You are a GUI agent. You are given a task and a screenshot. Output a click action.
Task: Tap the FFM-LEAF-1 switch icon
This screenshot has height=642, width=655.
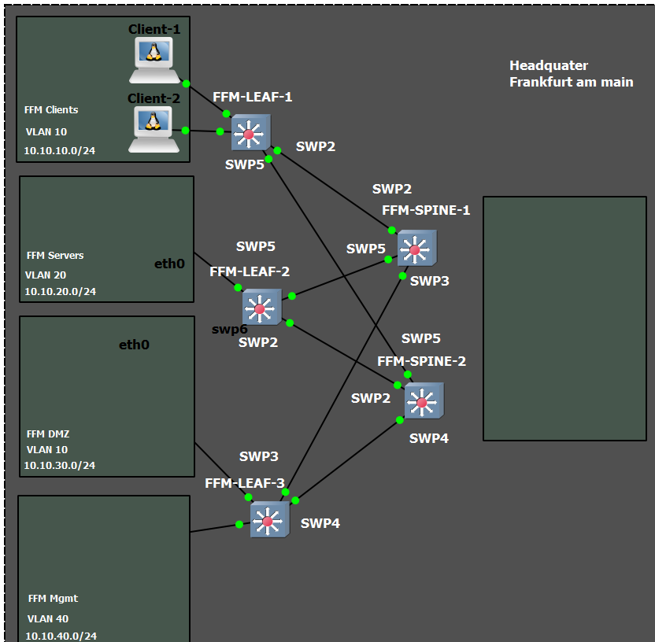pos(250,133)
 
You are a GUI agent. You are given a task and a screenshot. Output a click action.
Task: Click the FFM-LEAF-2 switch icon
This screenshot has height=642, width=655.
pos(261,307)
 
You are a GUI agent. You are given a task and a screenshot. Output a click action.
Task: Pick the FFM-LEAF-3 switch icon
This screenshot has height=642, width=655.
pos(269,520)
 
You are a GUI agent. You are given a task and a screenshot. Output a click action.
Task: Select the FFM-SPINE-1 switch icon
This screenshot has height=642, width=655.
pos(416,249)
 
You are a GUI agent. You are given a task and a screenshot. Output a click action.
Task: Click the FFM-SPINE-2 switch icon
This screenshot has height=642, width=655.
pos(424,401)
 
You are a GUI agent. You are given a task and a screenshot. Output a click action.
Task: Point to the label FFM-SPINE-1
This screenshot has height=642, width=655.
pos(426,210)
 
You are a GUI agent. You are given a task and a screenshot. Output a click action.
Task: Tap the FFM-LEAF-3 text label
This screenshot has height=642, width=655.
pos(244,483)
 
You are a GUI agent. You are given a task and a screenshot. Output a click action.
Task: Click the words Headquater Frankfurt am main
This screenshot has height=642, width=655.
pos(571,74)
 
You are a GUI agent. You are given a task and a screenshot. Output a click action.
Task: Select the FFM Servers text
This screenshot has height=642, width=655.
pos(55,256)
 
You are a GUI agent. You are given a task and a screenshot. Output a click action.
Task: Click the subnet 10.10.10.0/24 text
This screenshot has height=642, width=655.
pos(59,150)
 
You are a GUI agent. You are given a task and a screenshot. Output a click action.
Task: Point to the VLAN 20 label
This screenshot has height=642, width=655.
pos(46,275)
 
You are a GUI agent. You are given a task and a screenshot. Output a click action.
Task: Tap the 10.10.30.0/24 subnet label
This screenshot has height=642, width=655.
pos(59,465)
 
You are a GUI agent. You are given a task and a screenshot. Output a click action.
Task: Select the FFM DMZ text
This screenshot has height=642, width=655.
pos(47,434)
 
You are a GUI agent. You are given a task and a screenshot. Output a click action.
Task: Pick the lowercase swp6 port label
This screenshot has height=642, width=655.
pos(229,329)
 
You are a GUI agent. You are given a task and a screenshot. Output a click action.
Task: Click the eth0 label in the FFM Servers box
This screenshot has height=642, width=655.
pos(169,264)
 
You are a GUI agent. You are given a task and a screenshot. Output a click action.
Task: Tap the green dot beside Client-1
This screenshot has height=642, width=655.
pos(186,83)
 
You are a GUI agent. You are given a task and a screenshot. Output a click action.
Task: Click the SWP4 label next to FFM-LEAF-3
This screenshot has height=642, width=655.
pos(320,523)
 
